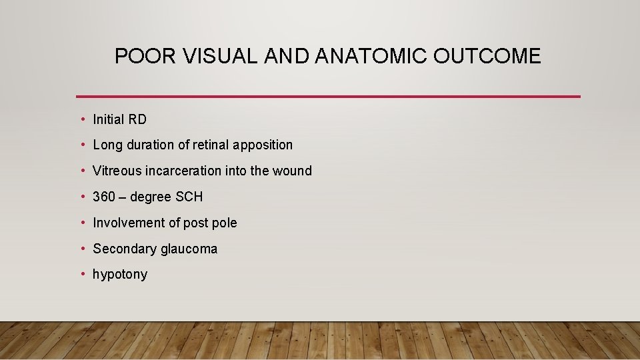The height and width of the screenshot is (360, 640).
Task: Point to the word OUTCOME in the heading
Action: pyautogui.click(x=487, y=57)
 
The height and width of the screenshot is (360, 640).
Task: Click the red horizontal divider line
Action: pyautogui.click(x=328, y=97)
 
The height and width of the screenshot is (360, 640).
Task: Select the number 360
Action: pyautogui.click(x=103, y=197)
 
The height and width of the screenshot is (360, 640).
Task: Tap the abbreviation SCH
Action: pyautogui.click(x=190, y=197)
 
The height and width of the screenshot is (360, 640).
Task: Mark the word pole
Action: pyautogui.click(x=225, y=223)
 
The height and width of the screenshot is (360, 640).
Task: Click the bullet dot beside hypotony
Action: pyautogui.click(x=82, y=274)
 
